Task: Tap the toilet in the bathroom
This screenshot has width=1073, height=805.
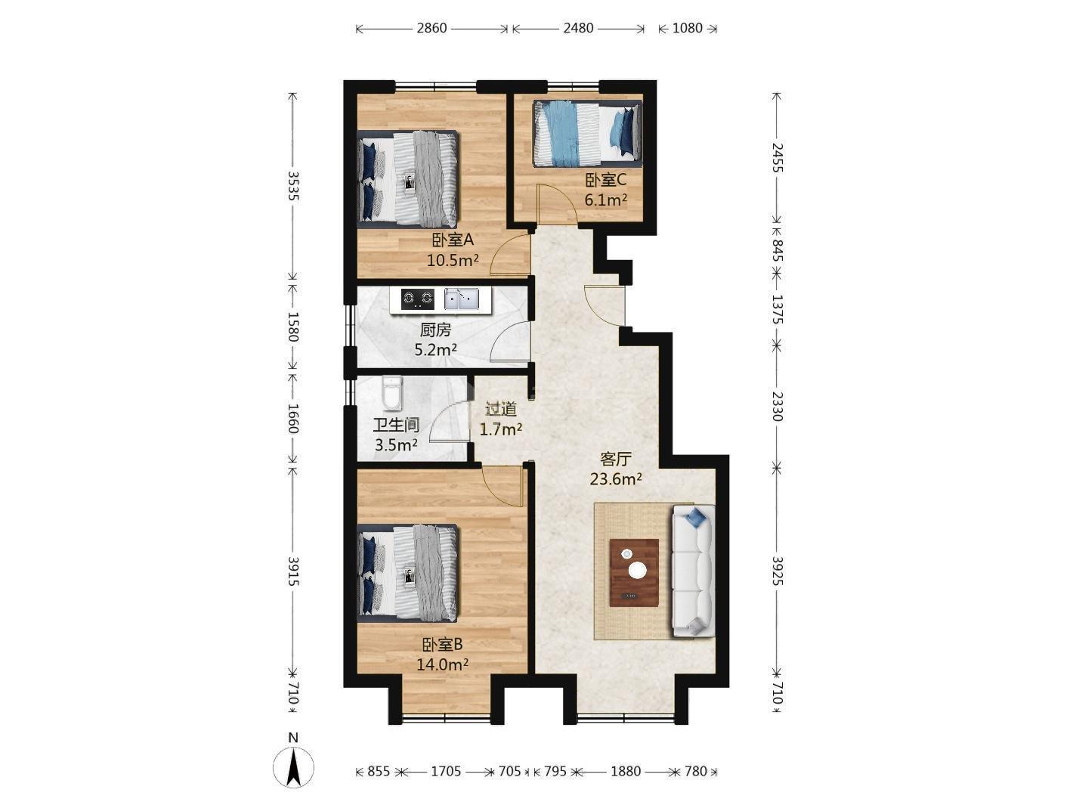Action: click(391, 393)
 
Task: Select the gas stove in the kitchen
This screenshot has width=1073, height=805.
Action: click(417, 299)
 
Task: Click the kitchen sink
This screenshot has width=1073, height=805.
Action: click(461, 299)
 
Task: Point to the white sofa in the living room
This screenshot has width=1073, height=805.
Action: click(694, 571)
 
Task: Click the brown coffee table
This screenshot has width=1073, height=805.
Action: click(634, 573)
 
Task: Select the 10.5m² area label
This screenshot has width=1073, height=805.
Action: click(453, 261)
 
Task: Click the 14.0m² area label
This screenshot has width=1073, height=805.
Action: click(442, 664)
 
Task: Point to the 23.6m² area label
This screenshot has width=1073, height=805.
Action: click(615, 479)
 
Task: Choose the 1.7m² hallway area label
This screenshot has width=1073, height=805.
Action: click(500, 429)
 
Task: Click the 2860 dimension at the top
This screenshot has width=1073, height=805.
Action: click(431, 28)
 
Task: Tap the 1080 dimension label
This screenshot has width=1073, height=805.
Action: click(688, 28)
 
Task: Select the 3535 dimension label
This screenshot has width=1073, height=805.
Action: click(293, 186)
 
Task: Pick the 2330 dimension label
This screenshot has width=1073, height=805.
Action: click(777, 406)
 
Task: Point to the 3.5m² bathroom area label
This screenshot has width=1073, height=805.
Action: click(395, 445)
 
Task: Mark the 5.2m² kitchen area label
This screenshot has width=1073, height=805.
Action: click(435, 350)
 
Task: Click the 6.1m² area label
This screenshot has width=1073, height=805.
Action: click(606, 200)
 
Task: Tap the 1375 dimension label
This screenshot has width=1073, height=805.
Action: click(777, 309)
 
